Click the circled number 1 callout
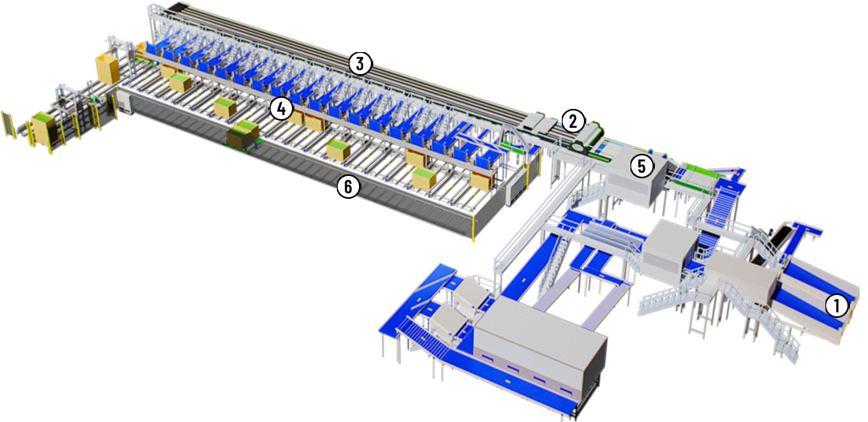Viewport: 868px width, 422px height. click(836, 305)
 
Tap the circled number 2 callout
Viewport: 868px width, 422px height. click(573, 120)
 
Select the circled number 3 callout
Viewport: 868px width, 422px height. click(360, 64)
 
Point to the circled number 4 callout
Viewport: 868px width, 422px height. click(281, 109)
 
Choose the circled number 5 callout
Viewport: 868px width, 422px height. click(642, 166)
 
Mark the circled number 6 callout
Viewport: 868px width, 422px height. click(348, 187)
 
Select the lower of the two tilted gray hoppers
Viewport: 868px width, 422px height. click(448, 323)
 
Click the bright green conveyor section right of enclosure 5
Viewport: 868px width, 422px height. click(698, 176)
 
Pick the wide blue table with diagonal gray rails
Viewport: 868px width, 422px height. click(421, 310)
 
